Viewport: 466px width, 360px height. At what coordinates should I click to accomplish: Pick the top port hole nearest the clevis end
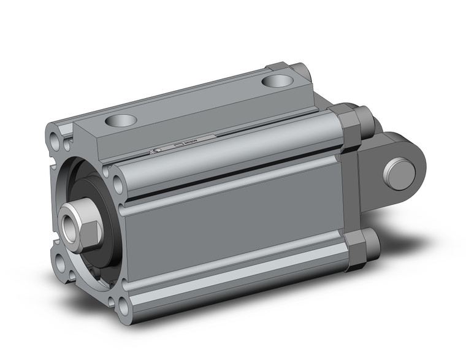[x=274, y=81]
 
